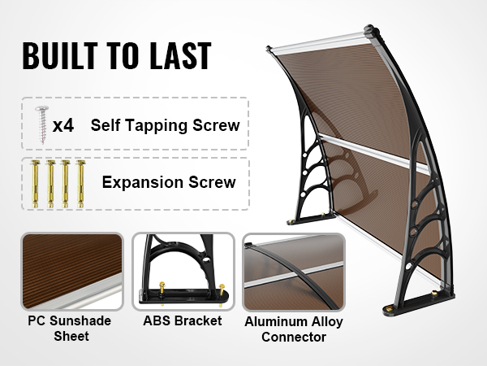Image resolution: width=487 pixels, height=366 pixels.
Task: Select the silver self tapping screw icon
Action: (x=42, y=124)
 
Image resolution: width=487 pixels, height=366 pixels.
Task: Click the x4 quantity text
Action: (x=63, y=125)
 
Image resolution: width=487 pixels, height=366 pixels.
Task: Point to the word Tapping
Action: (x=157, y=126)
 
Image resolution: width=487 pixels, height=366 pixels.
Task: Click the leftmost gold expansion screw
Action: (x=35, y=184)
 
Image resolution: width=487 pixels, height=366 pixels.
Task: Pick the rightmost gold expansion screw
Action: (x=80, y=184)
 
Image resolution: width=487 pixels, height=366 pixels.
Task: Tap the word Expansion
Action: (x=143, y=182)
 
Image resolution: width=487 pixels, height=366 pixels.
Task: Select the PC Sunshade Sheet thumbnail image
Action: (x=72, y=272)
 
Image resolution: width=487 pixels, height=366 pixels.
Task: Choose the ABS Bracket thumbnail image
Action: (x=183, y=272)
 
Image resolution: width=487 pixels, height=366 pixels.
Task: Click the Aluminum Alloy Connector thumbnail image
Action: (x=294, y=272)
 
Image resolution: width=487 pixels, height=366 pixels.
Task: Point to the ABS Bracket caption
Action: (x=183, y=321)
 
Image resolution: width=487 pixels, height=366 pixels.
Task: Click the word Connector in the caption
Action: (x=294, y=338)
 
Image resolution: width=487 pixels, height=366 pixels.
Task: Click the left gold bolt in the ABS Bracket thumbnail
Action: (x=162, y=287)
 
